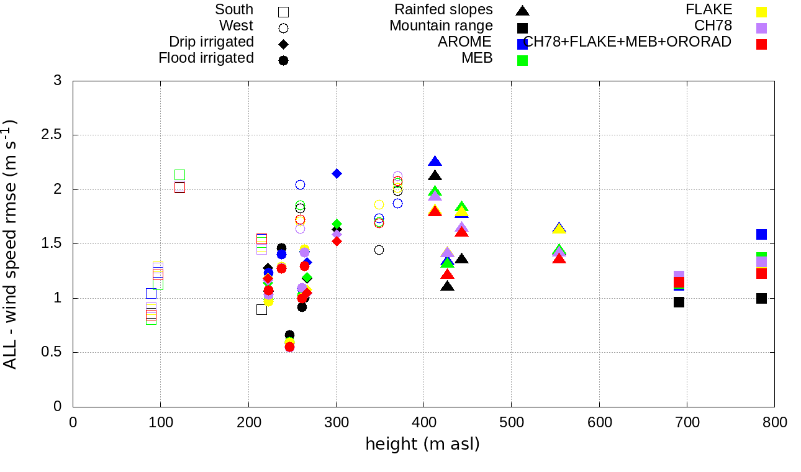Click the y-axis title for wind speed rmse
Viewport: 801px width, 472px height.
(11, 244)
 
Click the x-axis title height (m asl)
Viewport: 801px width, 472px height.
(422, 444)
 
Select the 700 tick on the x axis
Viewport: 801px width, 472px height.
(687, 422)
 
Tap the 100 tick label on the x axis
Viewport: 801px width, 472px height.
(161, 422)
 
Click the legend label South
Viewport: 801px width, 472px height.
(234, 10)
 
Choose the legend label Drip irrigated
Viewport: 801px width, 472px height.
(211, 42)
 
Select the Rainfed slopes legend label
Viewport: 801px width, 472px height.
(443, 10)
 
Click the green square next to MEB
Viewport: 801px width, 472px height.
(523, 60)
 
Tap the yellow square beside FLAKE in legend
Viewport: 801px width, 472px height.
(762, 11)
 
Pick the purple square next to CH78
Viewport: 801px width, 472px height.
(762, 28)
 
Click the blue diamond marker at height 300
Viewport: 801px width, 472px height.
(337, 173)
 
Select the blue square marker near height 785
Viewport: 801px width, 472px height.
(761, 234)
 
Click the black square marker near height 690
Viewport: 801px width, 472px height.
(679, 302)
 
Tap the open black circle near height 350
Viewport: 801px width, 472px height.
(379, 250)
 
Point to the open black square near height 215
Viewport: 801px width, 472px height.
(261, 309)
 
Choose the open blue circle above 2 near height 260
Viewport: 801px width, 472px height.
(300, 184)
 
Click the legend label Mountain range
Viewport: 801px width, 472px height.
(441, 26)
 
